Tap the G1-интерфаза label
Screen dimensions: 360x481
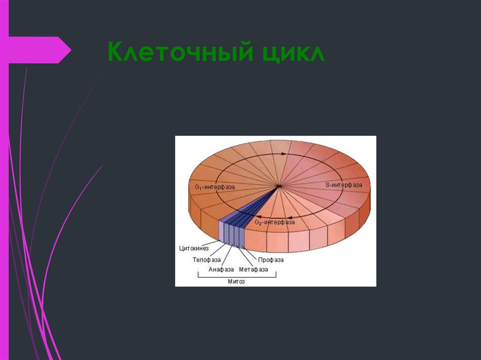click(x=215, y=187)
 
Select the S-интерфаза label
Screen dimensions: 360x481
click(x=344, y=185)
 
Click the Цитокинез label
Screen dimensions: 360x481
click(x=194, y=248)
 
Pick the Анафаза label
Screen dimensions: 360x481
click(x=221, y=269)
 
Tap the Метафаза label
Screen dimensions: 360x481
click(x=254, y=269)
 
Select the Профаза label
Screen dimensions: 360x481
click(x=271, y=259)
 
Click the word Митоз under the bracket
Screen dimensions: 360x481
click(x=236, y=282)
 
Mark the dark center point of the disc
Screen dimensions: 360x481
click(x=279, y=186)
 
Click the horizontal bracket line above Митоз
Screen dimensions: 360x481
click(x=236, y=276)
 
